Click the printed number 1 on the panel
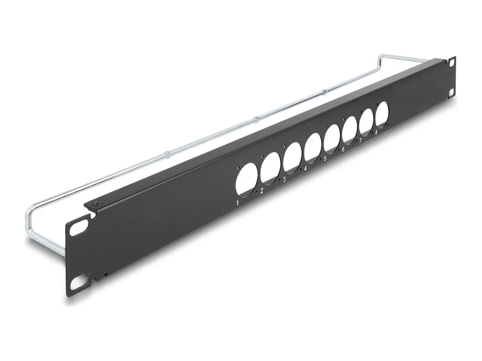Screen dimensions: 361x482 coord(238,203)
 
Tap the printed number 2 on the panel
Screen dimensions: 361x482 coord(262,191)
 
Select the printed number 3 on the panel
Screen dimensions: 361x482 coord(284,179)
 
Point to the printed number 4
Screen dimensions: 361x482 coord(306,168)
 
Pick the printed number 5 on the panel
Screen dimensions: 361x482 coord(325,158)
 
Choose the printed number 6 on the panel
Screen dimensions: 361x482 coord(343,149)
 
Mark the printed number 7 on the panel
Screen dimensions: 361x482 coord(360,140)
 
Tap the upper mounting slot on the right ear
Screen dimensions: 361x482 coord(453,63)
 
